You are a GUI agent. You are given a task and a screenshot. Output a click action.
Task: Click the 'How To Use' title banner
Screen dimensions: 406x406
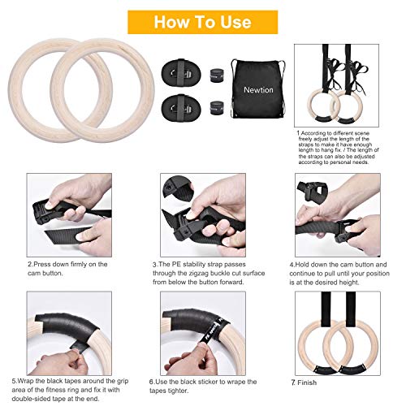(203, 21)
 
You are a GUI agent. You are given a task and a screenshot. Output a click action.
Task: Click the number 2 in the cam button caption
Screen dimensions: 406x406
(30, 265)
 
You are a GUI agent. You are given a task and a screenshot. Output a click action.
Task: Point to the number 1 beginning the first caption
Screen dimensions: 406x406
(297, 132)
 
